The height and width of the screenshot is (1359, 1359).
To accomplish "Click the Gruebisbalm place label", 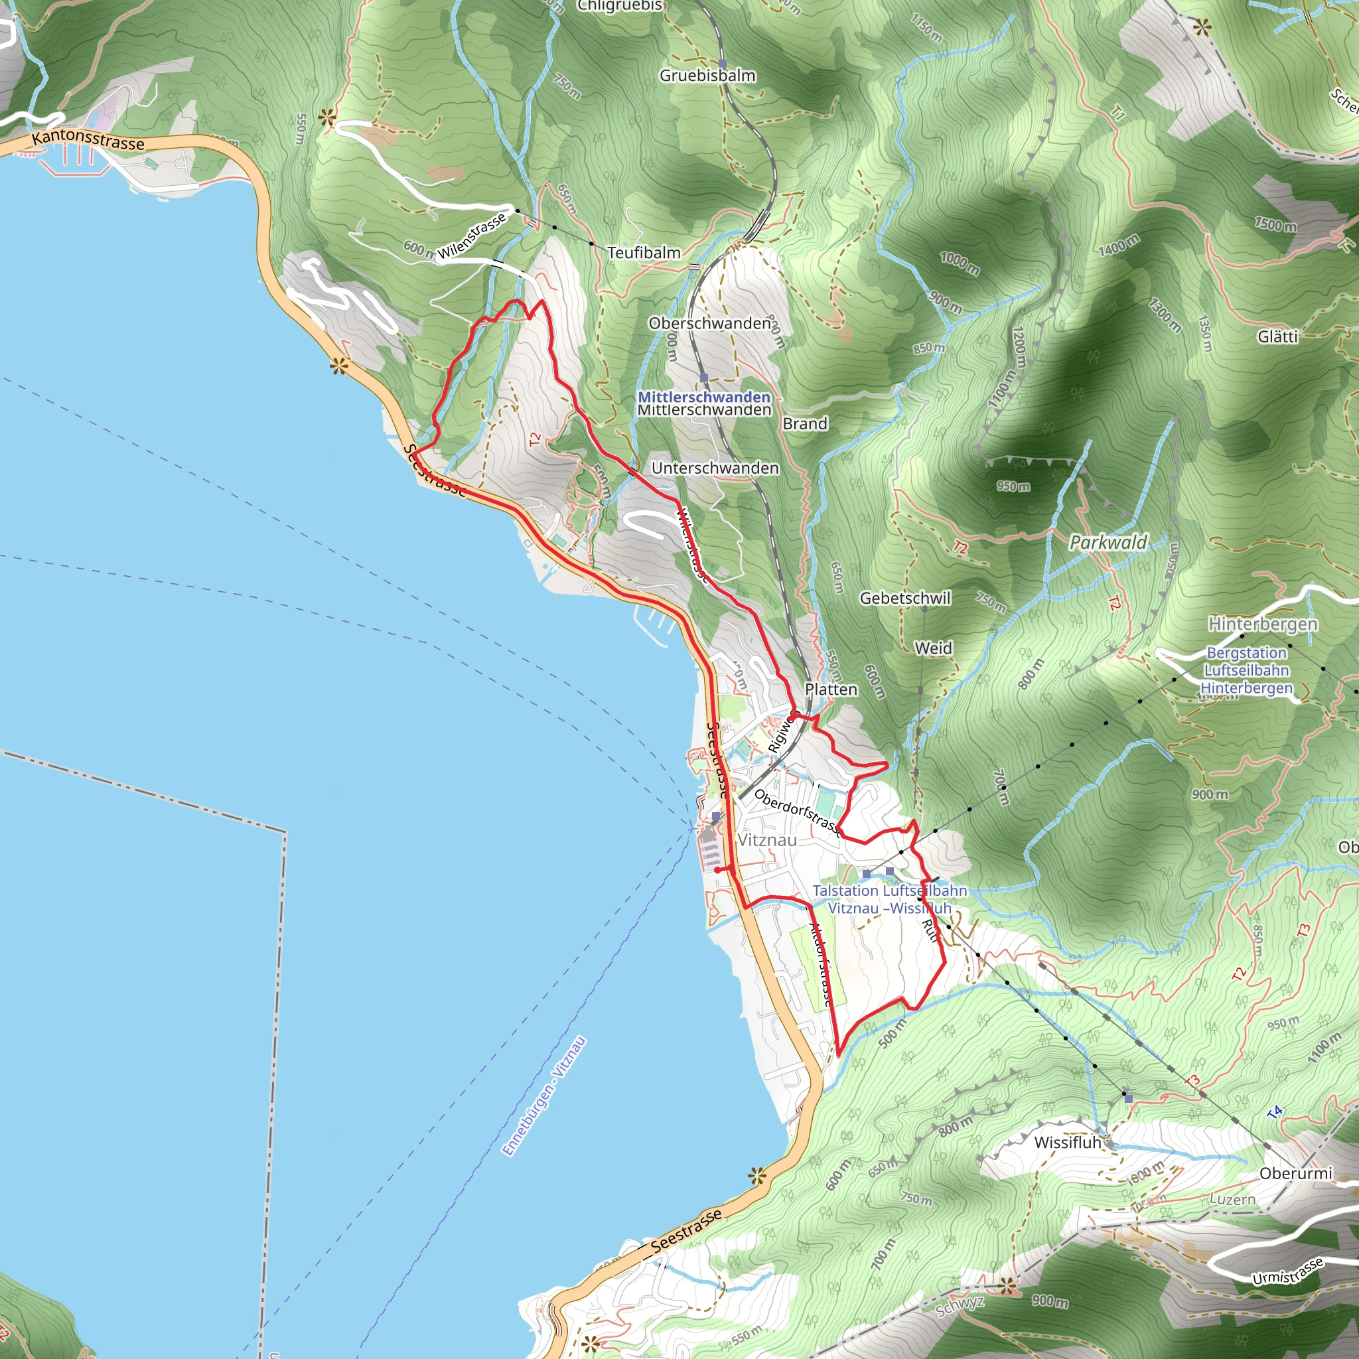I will tap(707, 75).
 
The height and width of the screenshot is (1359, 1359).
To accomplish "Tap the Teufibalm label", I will tap(644, 253).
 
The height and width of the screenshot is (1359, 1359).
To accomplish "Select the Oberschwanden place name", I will tap(709, 324).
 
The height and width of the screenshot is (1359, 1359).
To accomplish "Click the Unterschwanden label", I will tap(715, 468).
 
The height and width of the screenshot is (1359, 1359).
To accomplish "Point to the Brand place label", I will tap(805, 424).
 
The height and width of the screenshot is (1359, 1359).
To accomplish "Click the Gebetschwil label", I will tap(904, 599).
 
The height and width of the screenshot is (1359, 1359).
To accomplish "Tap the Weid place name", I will tap(933, 648).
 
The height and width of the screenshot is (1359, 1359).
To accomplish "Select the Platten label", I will tap(831, 690).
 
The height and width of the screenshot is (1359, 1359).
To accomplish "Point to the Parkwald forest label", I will tap(1108, 542).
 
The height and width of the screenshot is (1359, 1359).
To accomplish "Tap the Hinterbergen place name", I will tap(1263, 624).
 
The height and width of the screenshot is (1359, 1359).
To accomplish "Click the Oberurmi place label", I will tap(1296, 1174).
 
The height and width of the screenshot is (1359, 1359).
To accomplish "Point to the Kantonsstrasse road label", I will tap(89, 139).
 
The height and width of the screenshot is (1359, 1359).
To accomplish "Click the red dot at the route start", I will tap(717, 870).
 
